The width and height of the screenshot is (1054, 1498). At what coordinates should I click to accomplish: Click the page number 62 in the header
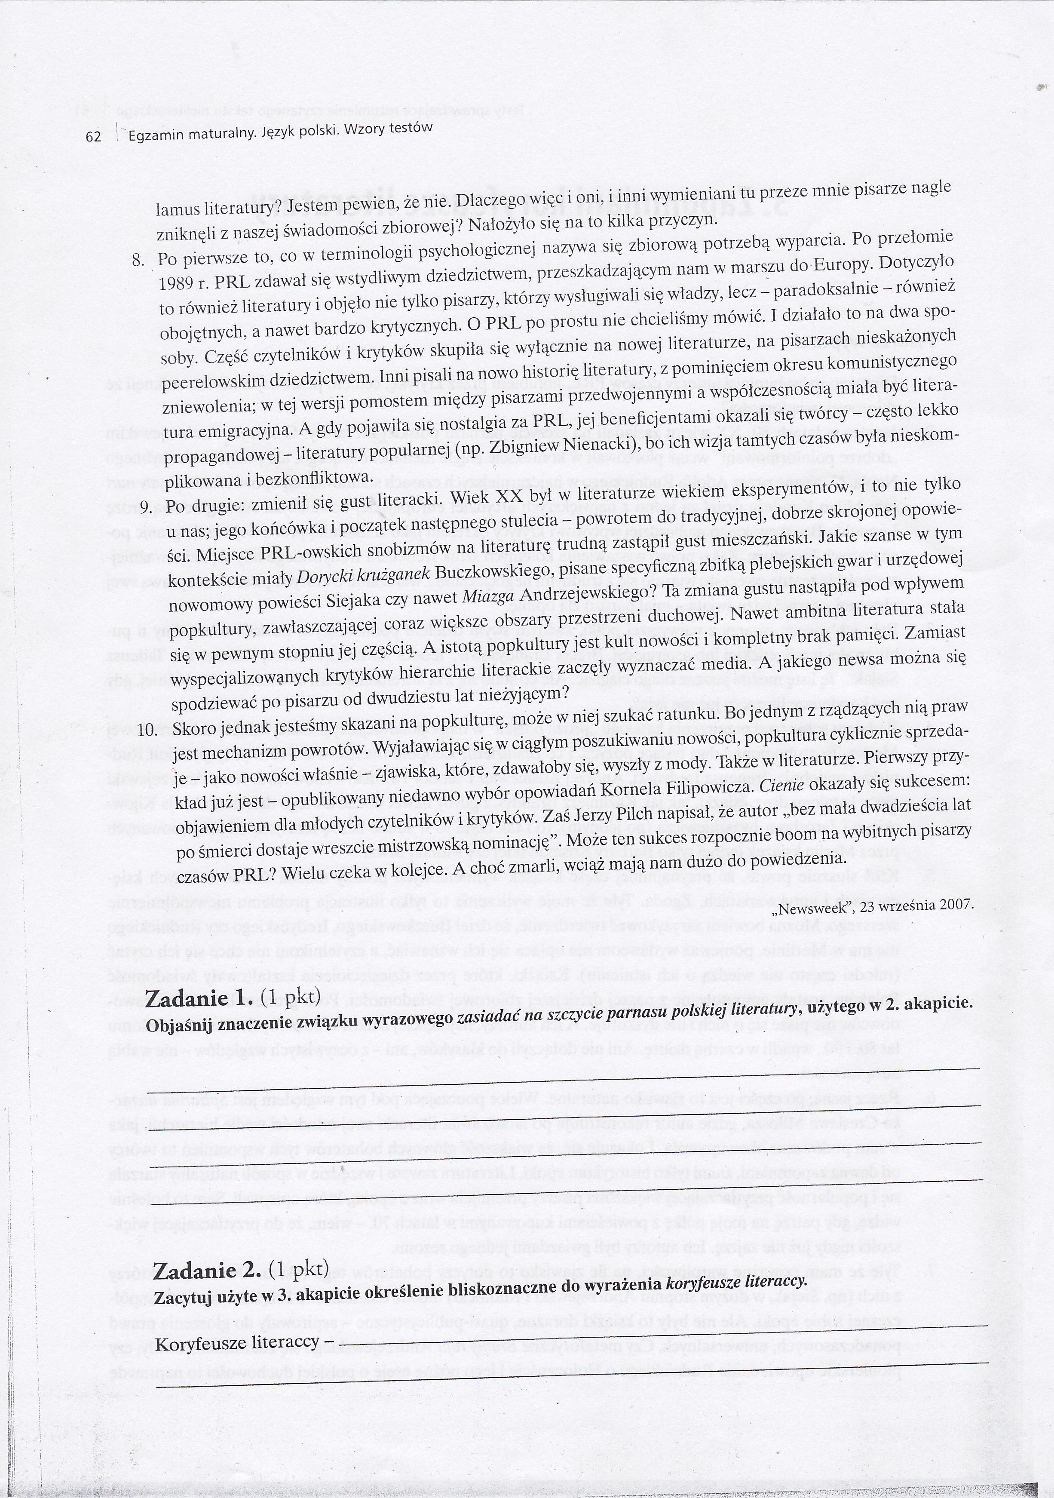(94, 136)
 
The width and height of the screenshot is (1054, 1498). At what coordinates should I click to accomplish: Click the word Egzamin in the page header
(156, 136)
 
